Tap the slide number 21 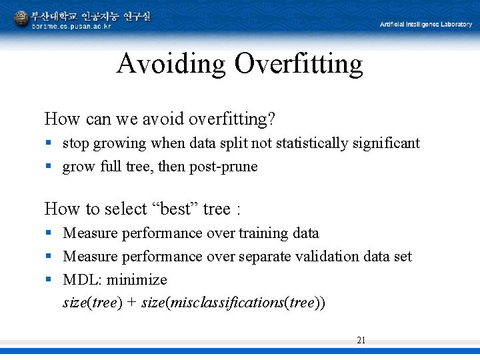(361, 340)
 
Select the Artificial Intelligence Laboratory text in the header (426, 24)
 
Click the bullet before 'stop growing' (48, 143)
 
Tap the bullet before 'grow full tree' (48, 167)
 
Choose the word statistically (316, 143)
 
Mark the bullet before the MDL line (48, 279)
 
